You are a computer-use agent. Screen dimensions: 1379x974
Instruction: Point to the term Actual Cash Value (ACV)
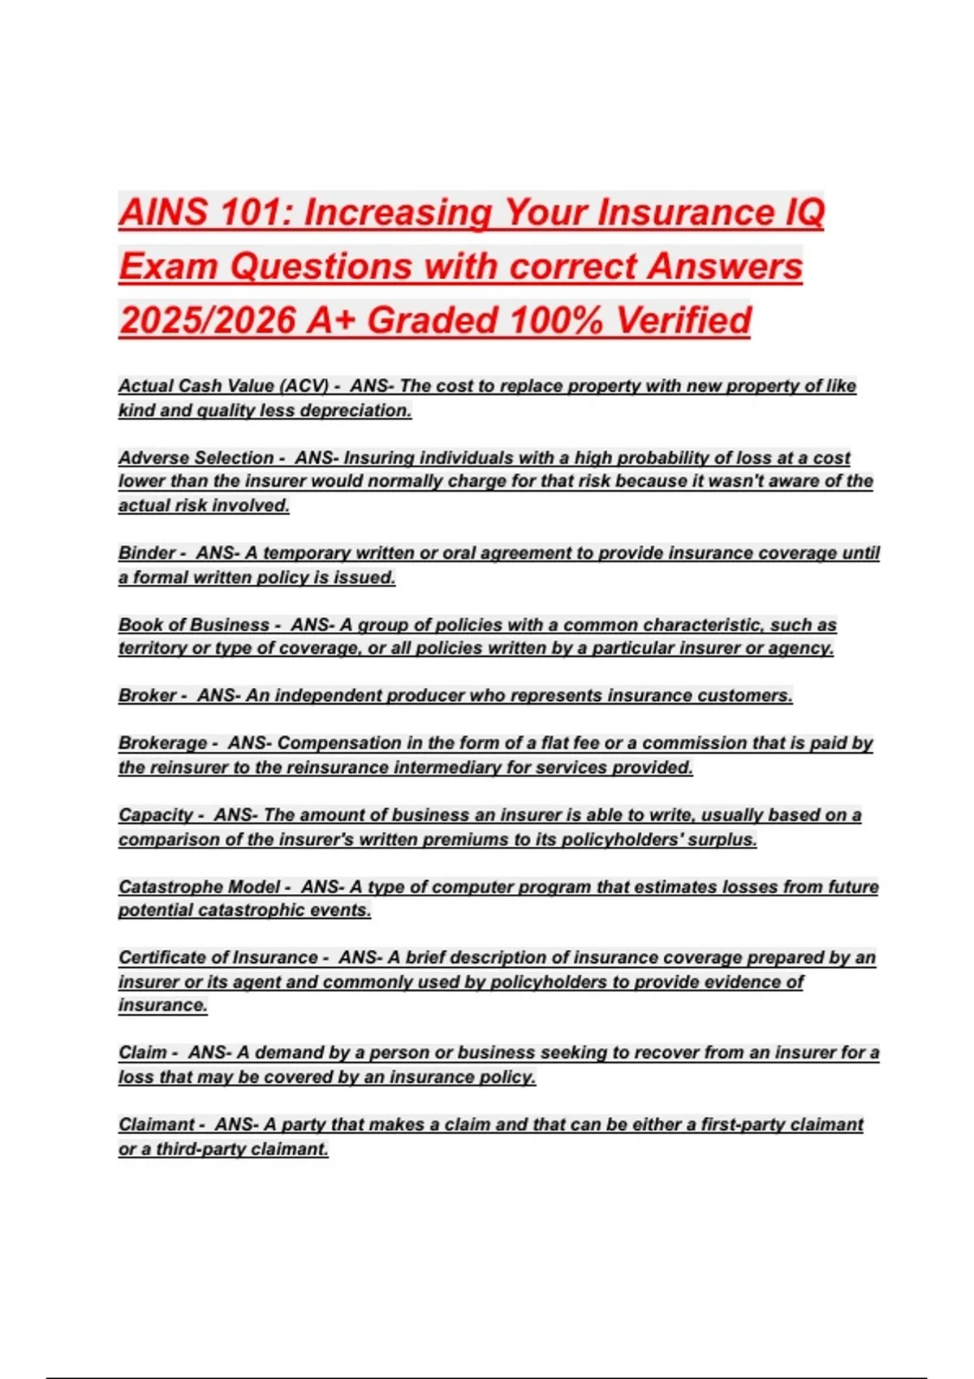[223, 386]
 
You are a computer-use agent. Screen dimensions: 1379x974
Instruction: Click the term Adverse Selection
[196, 458]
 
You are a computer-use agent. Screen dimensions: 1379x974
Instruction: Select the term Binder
[146, 553]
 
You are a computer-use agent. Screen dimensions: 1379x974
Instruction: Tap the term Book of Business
[193, 625]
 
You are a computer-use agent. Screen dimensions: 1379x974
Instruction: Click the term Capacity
[155, 814]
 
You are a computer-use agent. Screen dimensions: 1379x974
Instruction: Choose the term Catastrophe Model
[199, 887]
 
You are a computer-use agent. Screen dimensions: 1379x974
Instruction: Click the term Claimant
[156, 1124]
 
